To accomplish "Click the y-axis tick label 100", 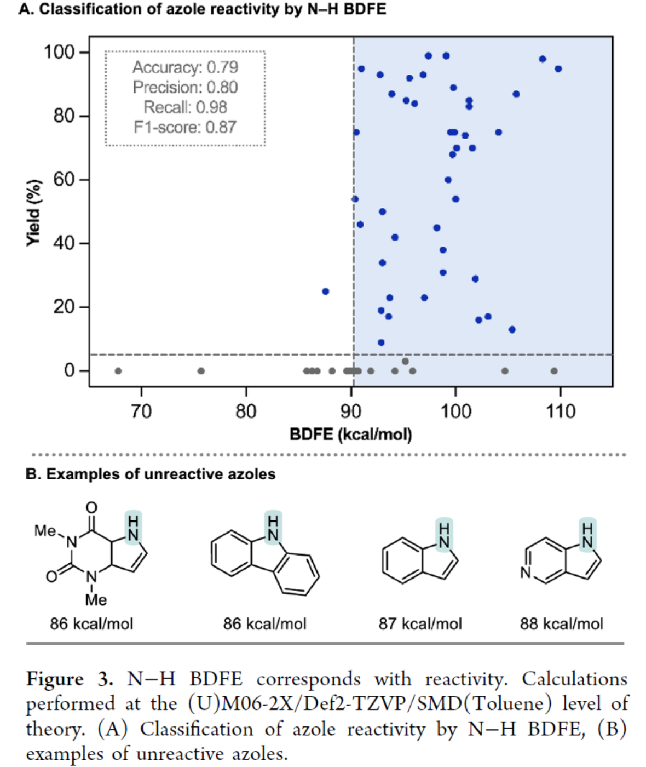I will pyautogui.click(x=59, y=53).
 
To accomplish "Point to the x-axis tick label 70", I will pyautogui.click(x=141, y=410).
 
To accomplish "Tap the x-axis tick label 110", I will pyautogui.click(x=560, y=410).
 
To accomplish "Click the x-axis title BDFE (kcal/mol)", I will pyautogui.click(x=350, y=434).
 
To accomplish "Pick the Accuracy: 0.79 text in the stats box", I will pyautogui.click(x=185, y=67).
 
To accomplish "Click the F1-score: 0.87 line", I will pyautogui.click(x=185, y=127).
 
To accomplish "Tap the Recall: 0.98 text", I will pyautogui.click(x=185, y=107).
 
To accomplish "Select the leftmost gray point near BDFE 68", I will pyautogui.click(x=118, y=371).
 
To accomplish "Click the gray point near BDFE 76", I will pyautogui.click(x=201, y=371).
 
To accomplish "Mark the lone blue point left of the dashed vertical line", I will pyautogui.click(x=326, y=291).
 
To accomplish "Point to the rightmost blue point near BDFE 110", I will pyautogui.click(x=558, y=69).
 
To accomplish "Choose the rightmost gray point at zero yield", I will pyautogui.click(x=554, y=371).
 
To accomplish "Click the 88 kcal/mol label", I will pyautogui.click(x=561, y=623).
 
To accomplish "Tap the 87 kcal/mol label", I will pyautogui.click(x=420, y=623).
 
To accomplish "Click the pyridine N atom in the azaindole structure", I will pyautogui.click(x=526, y=573).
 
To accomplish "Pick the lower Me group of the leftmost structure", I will pyautogui.click(x=96, y=600).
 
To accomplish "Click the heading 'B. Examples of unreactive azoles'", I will pyautogui.click(x=151, y=474).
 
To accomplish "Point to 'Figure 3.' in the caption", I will pyautogui.click(x=70, y=679).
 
